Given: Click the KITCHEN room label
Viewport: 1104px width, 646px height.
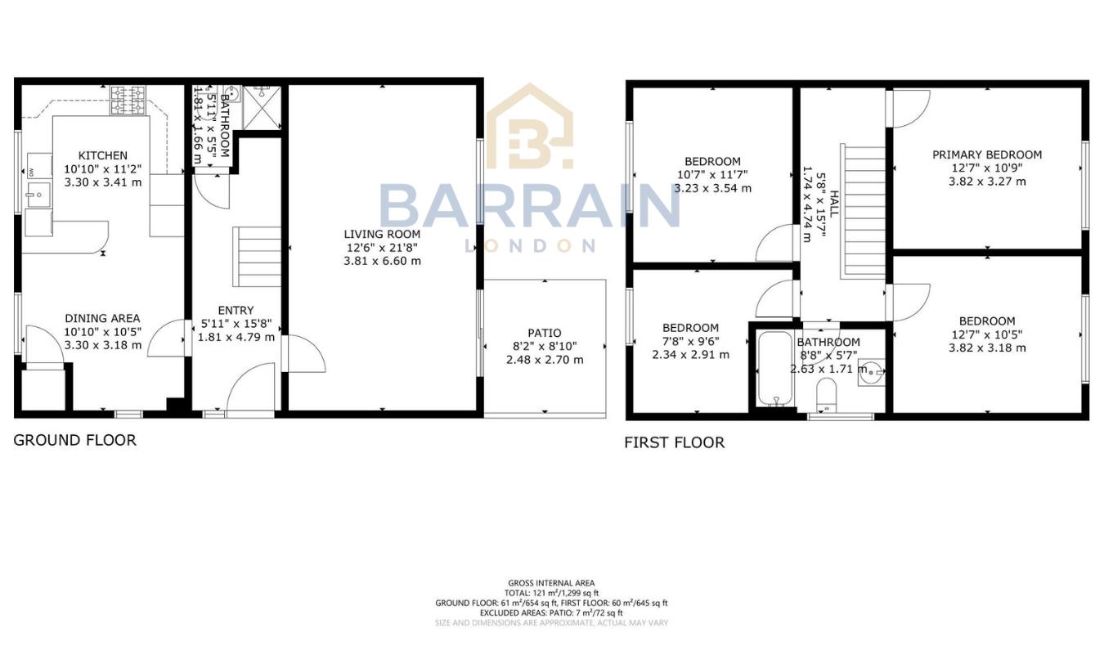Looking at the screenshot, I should pos(103,155).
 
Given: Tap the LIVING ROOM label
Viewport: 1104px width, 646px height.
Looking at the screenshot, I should pos(382,235).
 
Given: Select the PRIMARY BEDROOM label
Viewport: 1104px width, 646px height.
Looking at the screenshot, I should pos(987,155).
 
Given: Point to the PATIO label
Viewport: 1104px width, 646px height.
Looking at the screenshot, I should pos(544,333).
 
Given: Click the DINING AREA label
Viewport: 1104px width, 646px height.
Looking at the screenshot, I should pos(103,318).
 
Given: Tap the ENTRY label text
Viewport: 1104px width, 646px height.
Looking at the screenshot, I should pos(236,310).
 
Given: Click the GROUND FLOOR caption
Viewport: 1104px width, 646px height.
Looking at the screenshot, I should pos(74,440).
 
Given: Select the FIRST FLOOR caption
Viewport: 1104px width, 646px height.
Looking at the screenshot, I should pos(674,442).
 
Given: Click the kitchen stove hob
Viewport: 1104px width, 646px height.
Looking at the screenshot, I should pos(128,101).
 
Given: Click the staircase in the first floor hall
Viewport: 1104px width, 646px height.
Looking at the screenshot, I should pos(863,212).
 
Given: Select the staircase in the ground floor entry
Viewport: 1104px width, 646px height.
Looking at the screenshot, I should pos(258,256).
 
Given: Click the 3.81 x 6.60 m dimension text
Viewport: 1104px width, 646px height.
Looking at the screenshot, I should pos(382,262).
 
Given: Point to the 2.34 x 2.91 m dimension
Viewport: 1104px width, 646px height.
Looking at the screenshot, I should pos(691,355).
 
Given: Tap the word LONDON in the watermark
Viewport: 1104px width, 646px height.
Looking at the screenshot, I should pos(530,245).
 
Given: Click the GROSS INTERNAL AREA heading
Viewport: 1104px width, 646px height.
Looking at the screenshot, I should pos(551,583).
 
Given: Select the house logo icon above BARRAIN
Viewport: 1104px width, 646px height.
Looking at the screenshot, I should pos(530,127).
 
